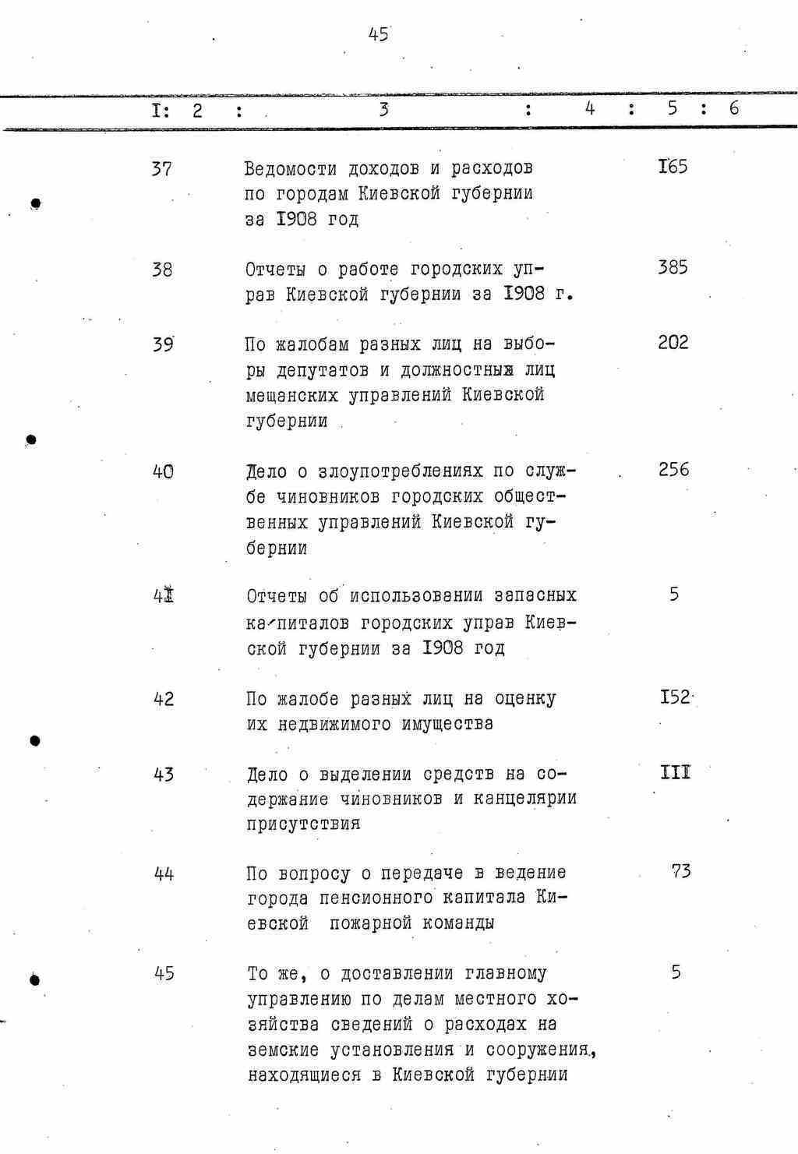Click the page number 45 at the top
379,34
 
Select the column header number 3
383,109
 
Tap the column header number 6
733,108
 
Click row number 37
162,168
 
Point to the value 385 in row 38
673,268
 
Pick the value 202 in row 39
673,343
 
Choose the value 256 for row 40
673,470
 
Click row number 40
163,471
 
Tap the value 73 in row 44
680,871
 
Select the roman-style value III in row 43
675,772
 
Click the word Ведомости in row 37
291,168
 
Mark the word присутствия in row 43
304,824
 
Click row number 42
163,699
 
